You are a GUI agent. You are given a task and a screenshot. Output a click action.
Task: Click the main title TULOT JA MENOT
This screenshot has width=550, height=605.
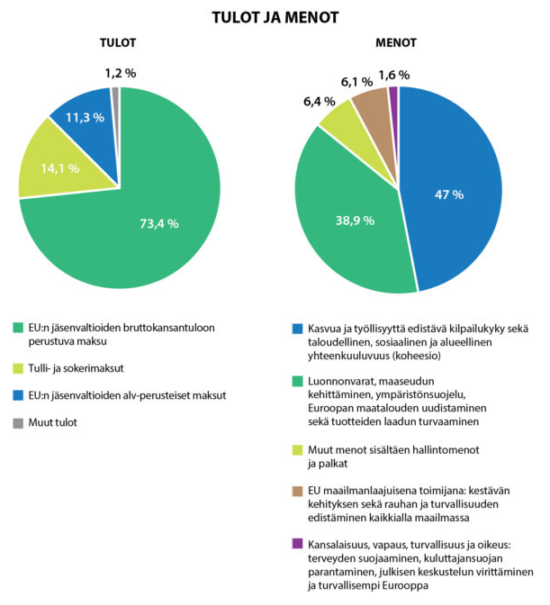pos(275,18)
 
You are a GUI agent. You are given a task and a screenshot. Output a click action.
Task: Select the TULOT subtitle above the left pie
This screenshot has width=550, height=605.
pos(118,43)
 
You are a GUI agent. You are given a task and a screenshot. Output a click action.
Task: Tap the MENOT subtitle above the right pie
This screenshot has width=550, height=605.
pos(396,43)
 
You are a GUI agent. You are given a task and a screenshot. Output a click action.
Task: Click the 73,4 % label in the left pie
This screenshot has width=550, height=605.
pos(159,224)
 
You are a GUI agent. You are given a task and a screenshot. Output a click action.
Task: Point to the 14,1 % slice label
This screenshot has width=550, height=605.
pos(60,168)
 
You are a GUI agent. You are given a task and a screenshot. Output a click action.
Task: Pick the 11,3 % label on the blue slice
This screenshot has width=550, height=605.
pos(85,118)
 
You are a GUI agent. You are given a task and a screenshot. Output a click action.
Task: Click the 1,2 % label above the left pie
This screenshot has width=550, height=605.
pos(121,73)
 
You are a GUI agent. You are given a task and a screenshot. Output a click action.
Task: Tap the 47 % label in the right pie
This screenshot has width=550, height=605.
pos(449,194)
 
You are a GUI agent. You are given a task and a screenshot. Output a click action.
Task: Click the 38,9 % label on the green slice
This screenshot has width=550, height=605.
pos(355,221)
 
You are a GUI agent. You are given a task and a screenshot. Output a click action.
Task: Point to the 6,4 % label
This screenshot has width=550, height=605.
pos(319,102)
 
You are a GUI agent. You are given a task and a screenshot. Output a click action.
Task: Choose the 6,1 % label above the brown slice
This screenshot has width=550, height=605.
pos(356,82)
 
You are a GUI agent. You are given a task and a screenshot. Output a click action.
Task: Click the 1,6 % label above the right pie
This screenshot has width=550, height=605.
pos(393,75)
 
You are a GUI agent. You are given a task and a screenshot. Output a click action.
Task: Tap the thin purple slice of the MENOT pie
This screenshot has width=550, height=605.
pos(394,116)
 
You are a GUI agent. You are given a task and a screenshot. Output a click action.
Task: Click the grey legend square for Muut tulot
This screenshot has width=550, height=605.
pos(18,423)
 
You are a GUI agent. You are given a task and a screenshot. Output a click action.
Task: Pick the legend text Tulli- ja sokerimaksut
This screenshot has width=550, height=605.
pos(76,368)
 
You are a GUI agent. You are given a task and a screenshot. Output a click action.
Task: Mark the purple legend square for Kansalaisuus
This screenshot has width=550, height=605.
pos(297,544)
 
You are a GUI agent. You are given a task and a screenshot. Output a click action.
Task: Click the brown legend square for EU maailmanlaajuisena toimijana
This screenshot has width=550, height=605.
pos(297,492)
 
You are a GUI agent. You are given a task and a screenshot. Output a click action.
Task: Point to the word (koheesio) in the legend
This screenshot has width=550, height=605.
pos(416,356)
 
